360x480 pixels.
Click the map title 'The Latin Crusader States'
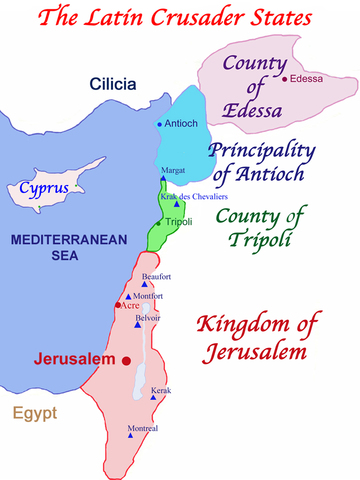[x=180, y=17]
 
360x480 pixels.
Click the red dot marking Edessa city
[x=285, y=79]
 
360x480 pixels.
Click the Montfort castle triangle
[x=130, y=297]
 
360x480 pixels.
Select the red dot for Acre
[x=118, y=304]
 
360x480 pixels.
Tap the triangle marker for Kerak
[x=154, y=398]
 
